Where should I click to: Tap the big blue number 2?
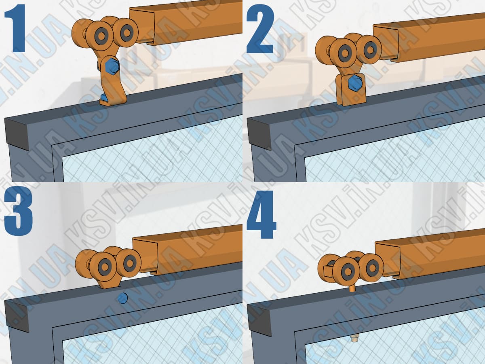260,30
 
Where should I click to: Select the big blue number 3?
19,211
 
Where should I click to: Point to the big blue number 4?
261,214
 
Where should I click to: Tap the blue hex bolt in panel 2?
355,83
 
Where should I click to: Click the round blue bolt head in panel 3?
122,298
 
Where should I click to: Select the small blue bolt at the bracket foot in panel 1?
104,97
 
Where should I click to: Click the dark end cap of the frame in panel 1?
17,134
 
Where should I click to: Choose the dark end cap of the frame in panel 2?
259,134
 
